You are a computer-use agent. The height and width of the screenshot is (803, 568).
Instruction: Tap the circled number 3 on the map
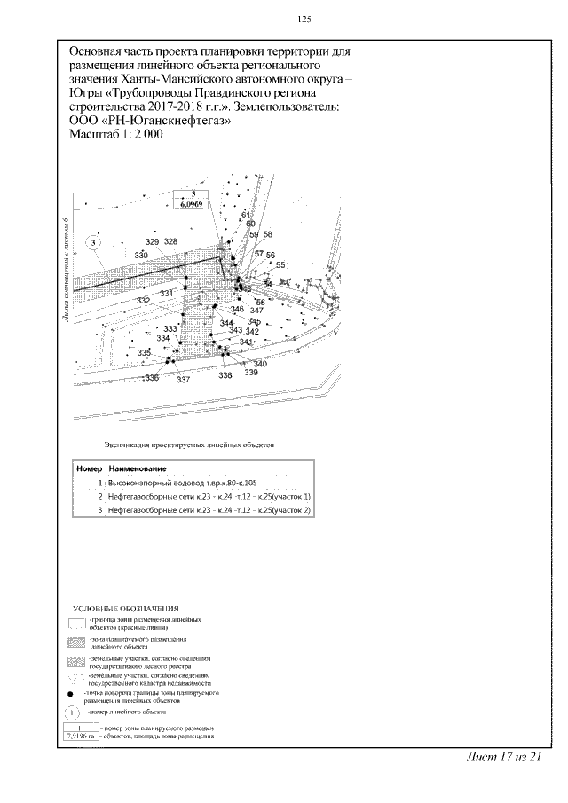pyautogui.click(x=96, y=241)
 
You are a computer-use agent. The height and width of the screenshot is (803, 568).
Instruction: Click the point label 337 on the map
pyautogui.click(x=184, y=380)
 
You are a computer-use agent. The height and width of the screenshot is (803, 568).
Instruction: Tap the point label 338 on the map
pyautogui.click(x=225, y=375)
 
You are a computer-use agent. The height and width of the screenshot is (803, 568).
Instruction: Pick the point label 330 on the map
pyautogui.click(x=141, y=256)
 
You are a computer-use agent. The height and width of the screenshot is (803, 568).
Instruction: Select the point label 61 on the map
pyautogui.click(x=246, y=216)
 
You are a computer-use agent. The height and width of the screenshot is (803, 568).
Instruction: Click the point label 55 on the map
pyautogui.click(x=280, y=265)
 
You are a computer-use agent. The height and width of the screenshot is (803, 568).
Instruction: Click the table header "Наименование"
pyautogui.click(x=138, y=468)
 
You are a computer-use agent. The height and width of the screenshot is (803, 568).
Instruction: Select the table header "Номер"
pyautogui.click(x=91, y=468)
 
